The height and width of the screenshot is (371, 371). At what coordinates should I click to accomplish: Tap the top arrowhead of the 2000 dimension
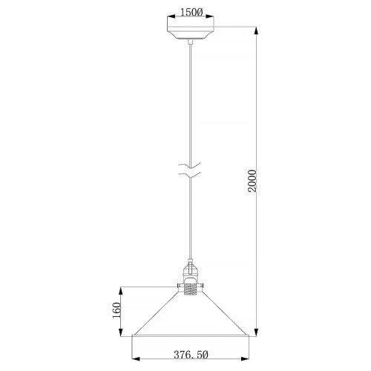pyautogui.click(x=257, y=30)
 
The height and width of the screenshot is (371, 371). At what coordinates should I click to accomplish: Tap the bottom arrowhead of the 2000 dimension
pyautogui.click(x=257, y=332)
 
